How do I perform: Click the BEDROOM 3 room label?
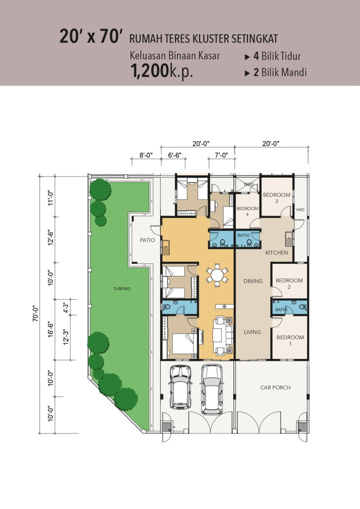(277, 198)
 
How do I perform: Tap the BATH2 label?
(243, 235)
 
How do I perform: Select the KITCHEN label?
(277, 252)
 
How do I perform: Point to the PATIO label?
(147, 240)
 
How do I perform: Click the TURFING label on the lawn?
(122, 289)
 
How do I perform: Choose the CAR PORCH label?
(275, 387)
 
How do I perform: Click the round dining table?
(217, 276)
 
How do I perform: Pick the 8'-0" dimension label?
(146, 155)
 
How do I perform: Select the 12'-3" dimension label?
(66, 337)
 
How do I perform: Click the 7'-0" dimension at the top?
(221, 155)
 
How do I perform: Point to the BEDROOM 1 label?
(290, 340)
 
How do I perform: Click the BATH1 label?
(281, 309)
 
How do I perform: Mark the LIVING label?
(252, 332)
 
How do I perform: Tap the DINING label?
(253, 281)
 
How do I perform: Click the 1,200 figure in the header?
(150, 71)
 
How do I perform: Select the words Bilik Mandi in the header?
(284, 72)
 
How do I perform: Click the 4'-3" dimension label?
(66, 308)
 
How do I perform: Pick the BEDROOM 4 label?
(247, 211)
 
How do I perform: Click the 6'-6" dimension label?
(175, 155)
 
